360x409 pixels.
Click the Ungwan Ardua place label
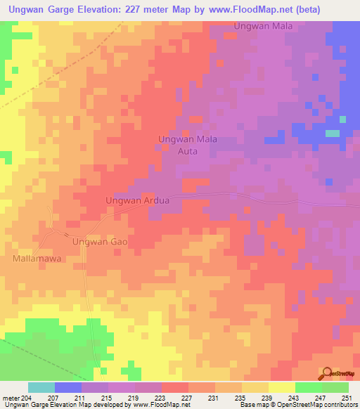coord(138,200)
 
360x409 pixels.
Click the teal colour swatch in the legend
coord(41,387)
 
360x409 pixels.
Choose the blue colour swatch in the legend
coord(67,387)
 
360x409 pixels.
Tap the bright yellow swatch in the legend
coord(281,387)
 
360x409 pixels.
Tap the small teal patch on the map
coord(332,134)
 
